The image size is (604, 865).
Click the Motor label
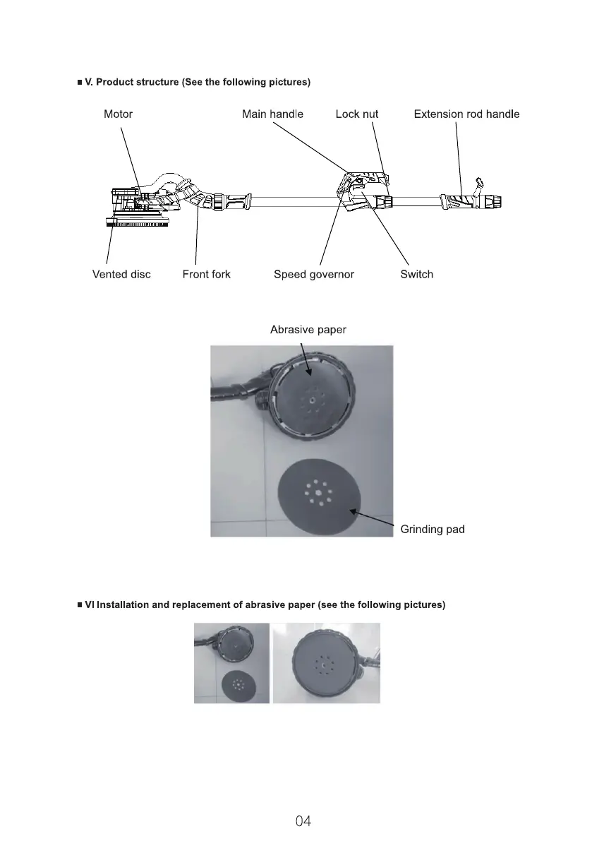(x=118, y=114)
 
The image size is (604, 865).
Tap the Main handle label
(x=272, y=114)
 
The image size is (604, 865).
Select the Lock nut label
(x=356, y=114)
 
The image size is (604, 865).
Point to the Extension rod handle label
(x=466, y=114)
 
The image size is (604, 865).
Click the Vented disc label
(x=121, y=274)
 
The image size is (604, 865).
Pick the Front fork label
(x=206, y=274)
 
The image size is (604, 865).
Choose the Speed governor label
(x=313, y=274)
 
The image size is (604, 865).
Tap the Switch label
(x=416, y=274)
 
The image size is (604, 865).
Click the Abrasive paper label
(x=308, y=329)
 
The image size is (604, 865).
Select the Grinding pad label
(x=432, y=529)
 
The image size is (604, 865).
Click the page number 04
(x=303, y=821)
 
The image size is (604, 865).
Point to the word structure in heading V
(x=156, y=83)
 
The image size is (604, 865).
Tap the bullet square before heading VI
(x=80, y=605)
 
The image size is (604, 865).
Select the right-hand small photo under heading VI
(x=326, y=663)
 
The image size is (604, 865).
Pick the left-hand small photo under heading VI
(x=231, y=663)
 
